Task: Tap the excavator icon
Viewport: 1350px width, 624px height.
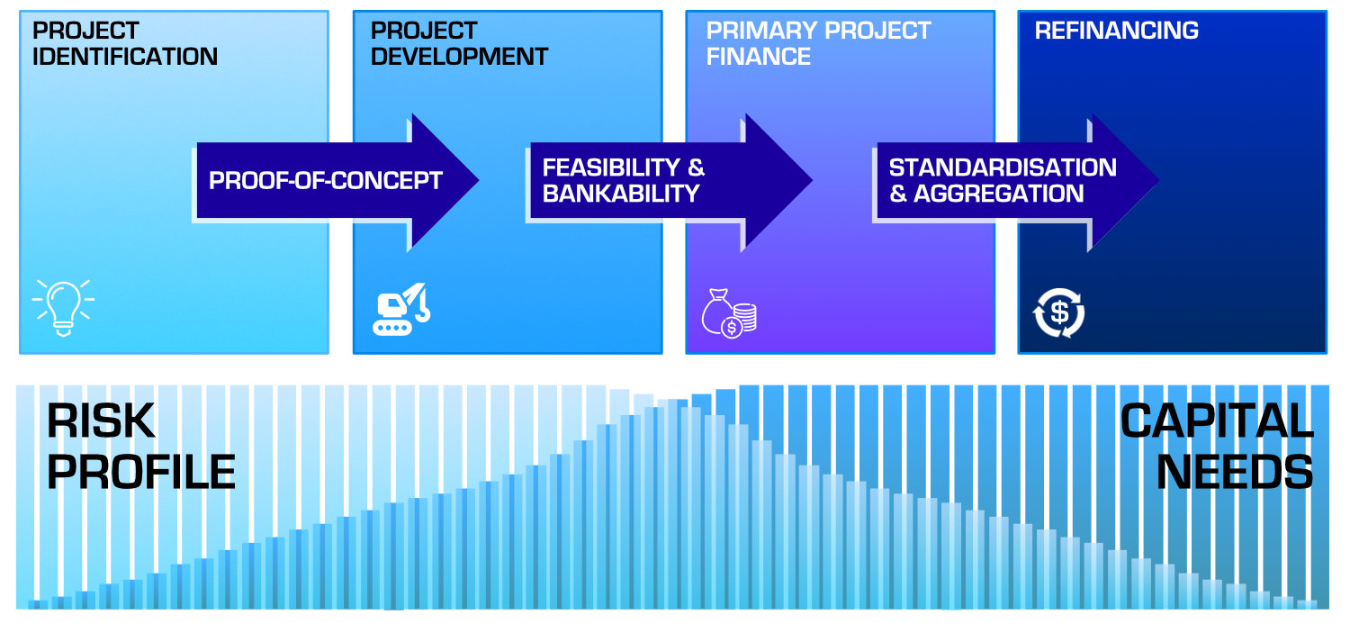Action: (x=400, y=309)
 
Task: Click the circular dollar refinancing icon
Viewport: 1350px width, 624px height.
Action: (x=1058, y=312)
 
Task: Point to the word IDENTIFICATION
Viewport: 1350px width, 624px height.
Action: (x=125, y=57)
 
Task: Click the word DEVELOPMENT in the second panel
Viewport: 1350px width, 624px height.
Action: (x=459, y=57)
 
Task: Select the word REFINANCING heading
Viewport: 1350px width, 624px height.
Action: (x=1116, y=31)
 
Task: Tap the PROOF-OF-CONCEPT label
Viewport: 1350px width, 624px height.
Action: (x=326, y=180)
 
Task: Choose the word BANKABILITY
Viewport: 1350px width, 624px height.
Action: (x=621, y=194)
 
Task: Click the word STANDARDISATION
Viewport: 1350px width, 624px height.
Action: (x=1003, y=167)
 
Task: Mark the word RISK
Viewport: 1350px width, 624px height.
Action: (x=102, y=421)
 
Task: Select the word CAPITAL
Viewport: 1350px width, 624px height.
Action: (x=1217, y=421)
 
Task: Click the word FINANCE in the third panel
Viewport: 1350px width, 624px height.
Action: (x=759, y=57)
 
